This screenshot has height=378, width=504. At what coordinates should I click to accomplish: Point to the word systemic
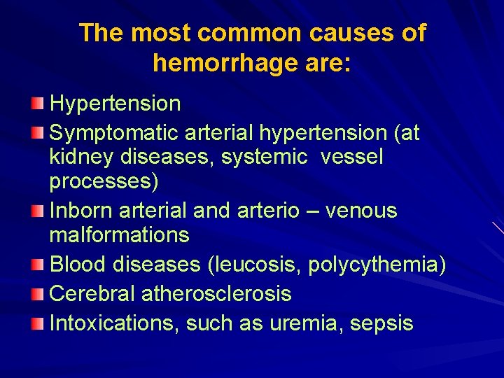tap(264, 157)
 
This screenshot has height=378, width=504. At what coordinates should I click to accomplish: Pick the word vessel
tap(352, 157)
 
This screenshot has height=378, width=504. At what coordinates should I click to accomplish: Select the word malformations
tap(119, 235)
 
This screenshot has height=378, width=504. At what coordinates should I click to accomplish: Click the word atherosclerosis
tap(216, 294)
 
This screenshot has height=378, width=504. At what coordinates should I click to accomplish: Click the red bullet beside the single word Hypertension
tap(36, 105)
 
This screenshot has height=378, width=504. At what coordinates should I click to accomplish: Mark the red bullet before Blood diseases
tap(36, 265)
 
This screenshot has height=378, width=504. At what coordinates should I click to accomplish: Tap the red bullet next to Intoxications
tap(36, 323)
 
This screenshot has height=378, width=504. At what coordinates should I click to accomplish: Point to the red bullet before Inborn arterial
tap(36, 211)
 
